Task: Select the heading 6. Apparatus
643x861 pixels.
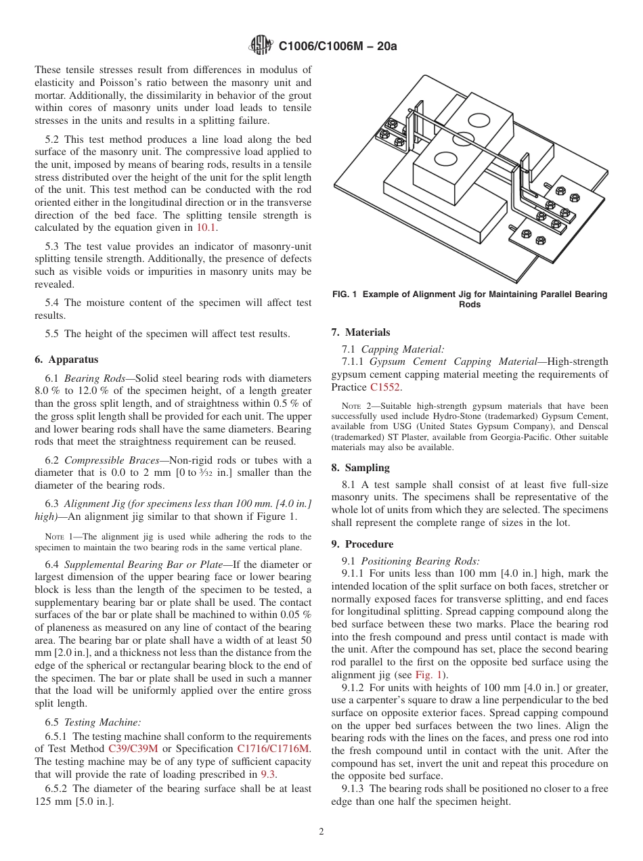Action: pyautogui.click(x=66, y=359)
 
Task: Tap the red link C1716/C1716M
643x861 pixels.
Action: pyautogui.click(x=273, y=749)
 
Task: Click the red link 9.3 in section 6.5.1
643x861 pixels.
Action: pyautogui.click(x=267, y=774)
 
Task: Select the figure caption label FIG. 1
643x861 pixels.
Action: pyautogui.click(x=347, y=294)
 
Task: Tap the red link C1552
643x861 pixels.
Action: pyautogui.click(x=385, y=388)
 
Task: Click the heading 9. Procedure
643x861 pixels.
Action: pyautogui.click(x=362, y=544)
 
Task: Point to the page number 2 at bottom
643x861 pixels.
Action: pyautogui.click(x=321, y=832)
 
